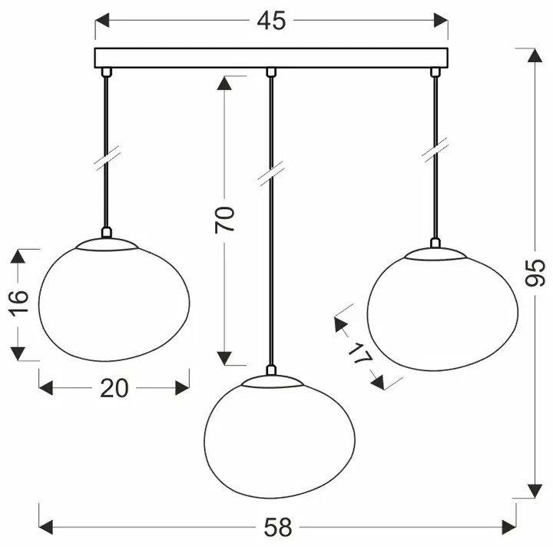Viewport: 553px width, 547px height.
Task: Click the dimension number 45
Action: (x=271, y=21)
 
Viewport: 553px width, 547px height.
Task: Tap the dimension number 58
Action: (x=278, y=527)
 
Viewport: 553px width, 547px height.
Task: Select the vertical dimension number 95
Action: (x=535, y=273)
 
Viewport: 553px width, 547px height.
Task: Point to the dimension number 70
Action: (x=224, y=220)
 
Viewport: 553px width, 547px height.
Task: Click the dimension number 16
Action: (x=18, y=303)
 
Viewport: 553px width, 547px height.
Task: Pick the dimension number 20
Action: (x=114, y=388)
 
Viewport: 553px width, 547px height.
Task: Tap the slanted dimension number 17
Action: (x=360, y=353)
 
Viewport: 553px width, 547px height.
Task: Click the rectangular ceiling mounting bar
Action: (x=271, y=58)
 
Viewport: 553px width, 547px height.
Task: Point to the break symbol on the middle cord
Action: (x=271, y=174)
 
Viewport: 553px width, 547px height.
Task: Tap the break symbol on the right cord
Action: (x=435, y=150)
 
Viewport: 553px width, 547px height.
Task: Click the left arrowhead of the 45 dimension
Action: (x=102, y=21)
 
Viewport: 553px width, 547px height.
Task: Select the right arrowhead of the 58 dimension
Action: (x=509, y=527)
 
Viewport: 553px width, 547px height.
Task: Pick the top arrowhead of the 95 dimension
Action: (x=535, y=55)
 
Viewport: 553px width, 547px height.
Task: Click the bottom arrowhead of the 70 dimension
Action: (x=224, y=358)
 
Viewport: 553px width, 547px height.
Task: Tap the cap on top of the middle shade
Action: (x=272, y=381)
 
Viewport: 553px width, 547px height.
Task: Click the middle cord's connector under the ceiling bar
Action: (x=271, y=72)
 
